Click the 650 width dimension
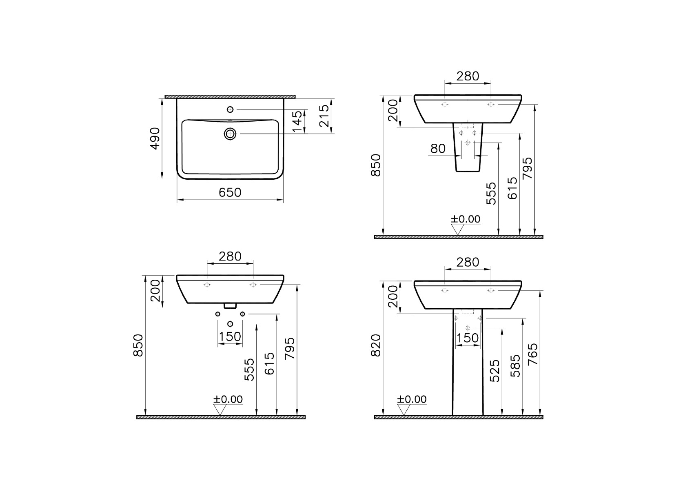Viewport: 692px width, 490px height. [230, 193]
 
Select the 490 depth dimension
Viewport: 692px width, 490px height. [155, 138]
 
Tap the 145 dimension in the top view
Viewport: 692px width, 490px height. [297, 121]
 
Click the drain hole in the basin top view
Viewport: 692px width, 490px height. [230, 134]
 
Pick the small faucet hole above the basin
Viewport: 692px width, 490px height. [230, 109]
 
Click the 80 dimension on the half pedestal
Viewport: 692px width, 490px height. [438, 149]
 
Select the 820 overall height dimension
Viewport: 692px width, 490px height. [376, 345]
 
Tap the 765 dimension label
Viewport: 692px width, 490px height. [533, 354]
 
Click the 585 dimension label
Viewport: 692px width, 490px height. [515, 366]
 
